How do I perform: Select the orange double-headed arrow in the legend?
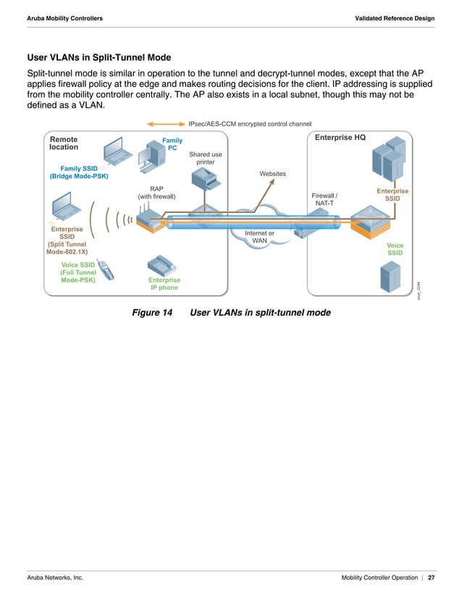coord(165,124)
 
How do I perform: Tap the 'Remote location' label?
coord(64,143)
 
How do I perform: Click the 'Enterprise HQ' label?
coord(340,138)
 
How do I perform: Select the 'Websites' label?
coord(272,174)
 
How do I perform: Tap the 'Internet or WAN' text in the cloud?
coord(259,237)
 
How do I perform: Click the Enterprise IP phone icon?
coord(161,264)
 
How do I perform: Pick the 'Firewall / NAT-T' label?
coord(324,199)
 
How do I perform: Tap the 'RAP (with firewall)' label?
coord(156,192)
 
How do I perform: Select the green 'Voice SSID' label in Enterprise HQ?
coord(395,250)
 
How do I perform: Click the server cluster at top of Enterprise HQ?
coord(386,161)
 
